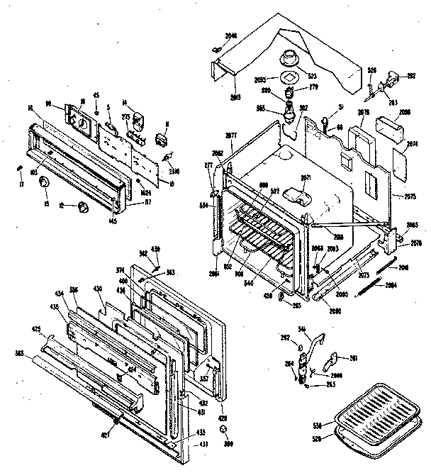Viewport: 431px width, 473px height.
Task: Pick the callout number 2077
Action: pos(230,135)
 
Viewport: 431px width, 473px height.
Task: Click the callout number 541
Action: pos(301,328)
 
